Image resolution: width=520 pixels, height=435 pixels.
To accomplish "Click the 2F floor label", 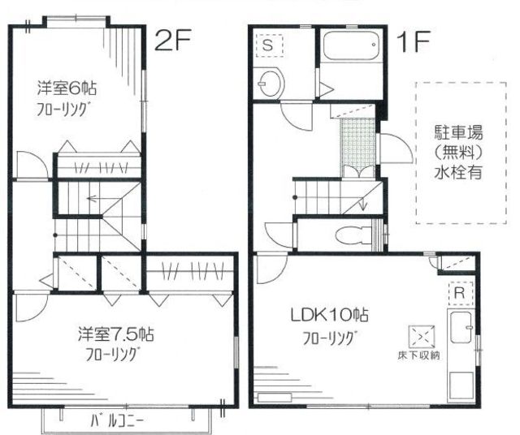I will click(x=173, y=41).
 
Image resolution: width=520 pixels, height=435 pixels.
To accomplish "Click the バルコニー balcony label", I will click(x=125, y=420).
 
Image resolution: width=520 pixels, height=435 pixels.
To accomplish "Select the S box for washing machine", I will click(x=269, y=46).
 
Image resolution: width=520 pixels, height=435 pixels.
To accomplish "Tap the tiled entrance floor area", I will click(x=357, y=142).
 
